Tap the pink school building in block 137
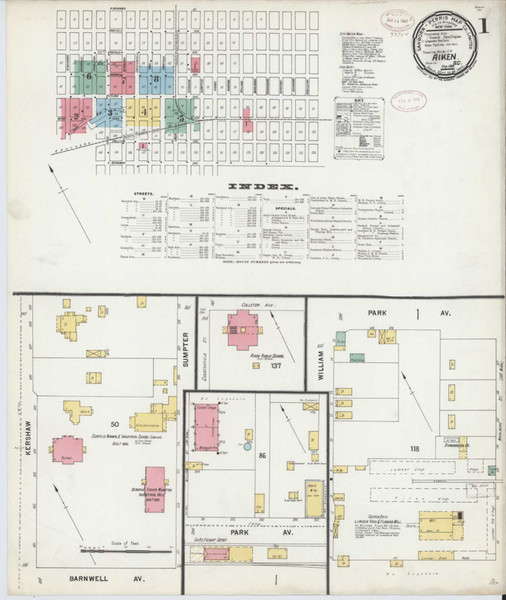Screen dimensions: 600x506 tap(243, 331)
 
